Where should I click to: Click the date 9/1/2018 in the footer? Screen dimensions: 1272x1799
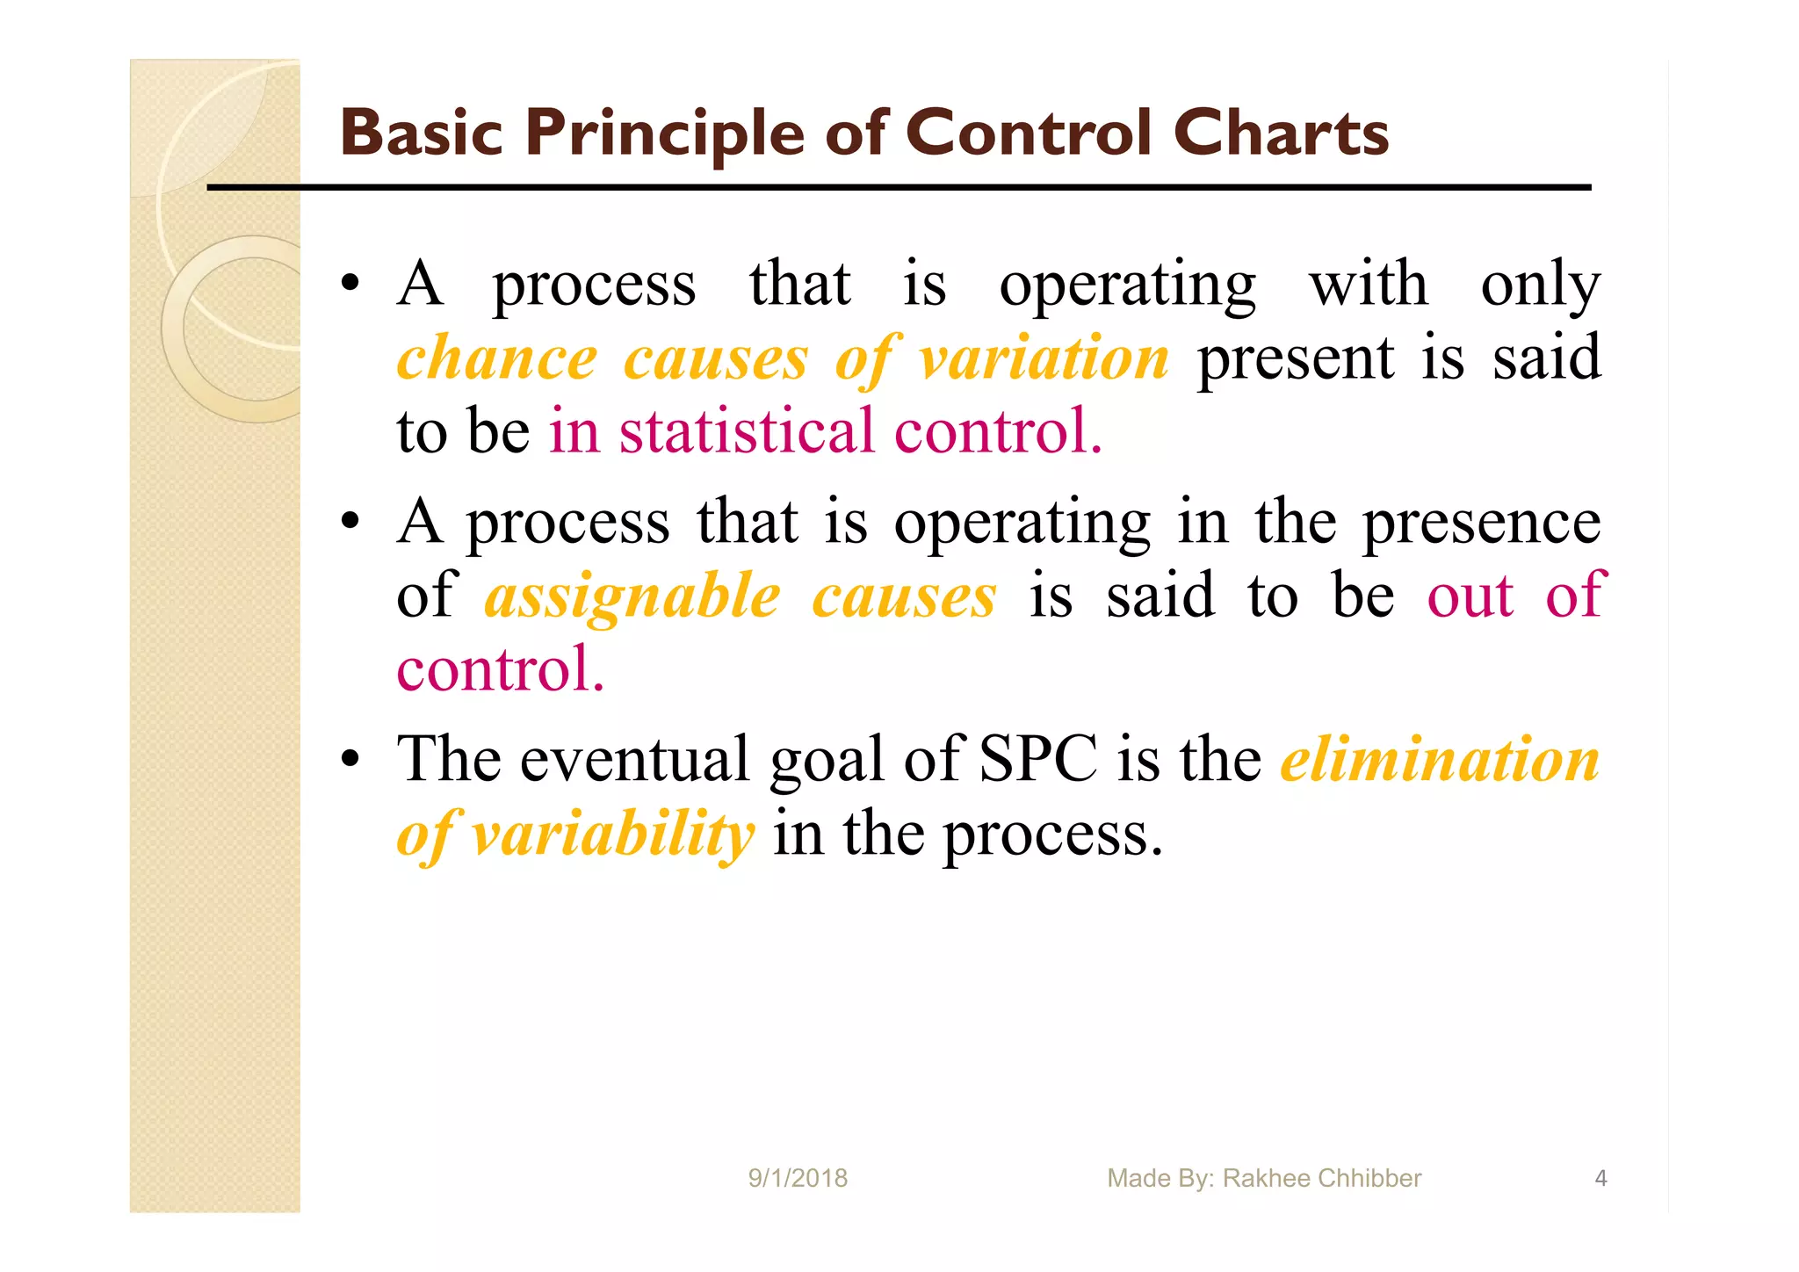798,1178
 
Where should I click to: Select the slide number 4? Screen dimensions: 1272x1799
1600,1178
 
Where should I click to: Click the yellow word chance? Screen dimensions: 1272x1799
496,359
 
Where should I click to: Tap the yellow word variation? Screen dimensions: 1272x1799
1044,359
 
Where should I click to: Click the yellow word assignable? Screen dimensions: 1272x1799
632,597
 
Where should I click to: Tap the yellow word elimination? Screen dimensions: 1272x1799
1440,759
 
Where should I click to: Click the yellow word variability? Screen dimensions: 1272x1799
612,834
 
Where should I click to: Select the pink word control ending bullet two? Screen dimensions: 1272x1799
499,670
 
